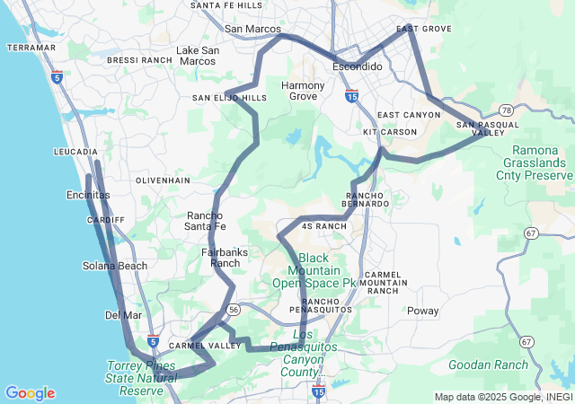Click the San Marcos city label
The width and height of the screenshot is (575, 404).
252,29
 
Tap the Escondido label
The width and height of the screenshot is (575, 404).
358,67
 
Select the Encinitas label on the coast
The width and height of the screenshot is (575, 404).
88,195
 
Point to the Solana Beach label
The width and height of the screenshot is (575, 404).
115,266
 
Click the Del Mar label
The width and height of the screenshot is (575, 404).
123,315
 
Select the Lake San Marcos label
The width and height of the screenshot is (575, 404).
197,56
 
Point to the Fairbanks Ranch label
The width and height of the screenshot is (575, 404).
224,258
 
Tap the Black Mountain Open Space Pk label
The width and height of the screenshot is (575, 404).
314,270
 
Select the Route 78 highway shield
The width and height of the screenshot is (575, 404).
508,110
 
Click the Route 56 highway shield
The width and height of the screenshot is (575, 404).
233,309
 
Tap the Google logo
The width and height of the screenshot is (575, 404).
30,393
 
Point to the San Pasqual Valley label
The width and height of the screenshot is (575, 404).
482,128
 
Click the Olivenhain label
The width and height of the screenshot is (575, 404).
163,180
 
